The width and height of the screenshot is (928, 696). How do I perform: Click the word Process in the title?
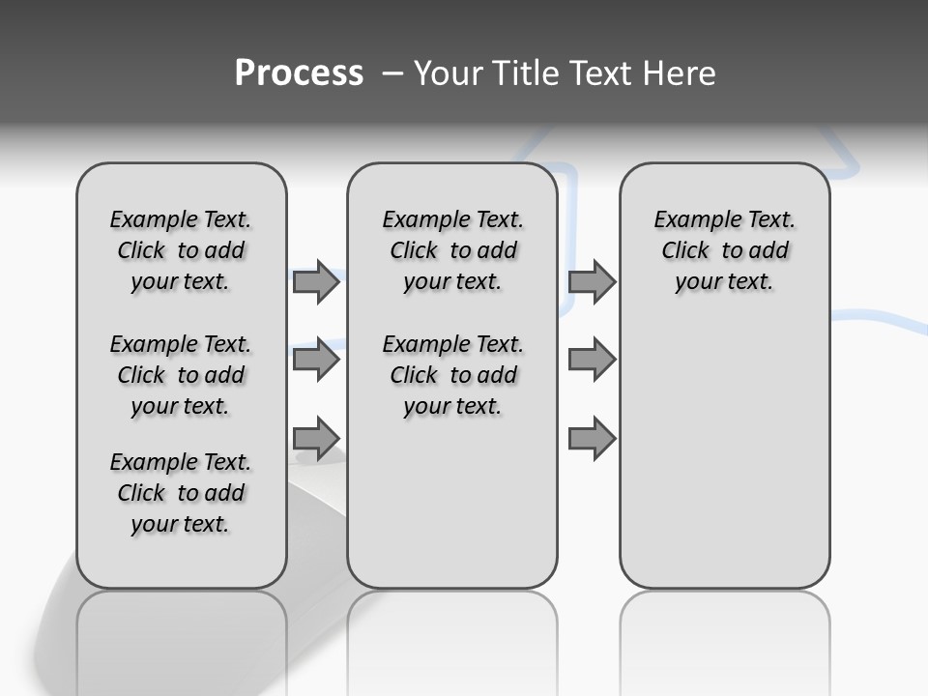pos(299,73)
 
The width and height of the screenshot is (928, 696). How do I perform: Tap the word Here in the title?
pos(680,73)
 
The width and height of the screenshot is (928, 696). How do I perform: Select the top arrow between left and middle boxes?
pos(315,282)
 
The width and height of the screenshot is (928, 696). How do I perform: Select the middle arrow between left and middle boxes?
pos(315,361)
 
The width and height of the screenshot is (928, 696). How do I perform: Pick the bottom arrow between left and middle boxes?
pos(315,438)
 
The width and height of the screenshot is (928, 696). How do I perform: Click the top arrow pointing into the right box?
pos(592,282)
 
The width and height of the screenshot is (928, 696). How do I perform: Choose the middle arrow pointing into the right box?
pos(592,361)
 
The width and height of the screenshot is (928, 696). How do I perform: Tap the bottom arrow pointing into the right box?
pos(592,438)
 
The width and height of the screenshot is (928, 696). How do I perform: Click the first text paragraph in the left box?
pos(181,250)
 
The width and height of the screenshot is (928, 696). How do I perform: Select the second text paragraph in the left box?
pos(181,375)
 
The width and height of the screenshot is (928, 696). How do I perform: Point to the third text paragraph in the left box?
pos(181,493)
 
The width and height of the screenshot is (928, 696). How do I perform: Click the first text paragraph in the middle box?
pos(452,250)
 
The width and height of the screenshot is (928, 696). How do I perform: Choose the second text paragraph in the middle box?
pos(452,375)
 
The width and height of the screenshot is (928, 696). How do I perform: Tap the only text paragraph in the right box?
pos(724,250)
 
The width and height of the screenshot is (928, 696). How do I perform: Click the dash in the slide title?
pos(391,73)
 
